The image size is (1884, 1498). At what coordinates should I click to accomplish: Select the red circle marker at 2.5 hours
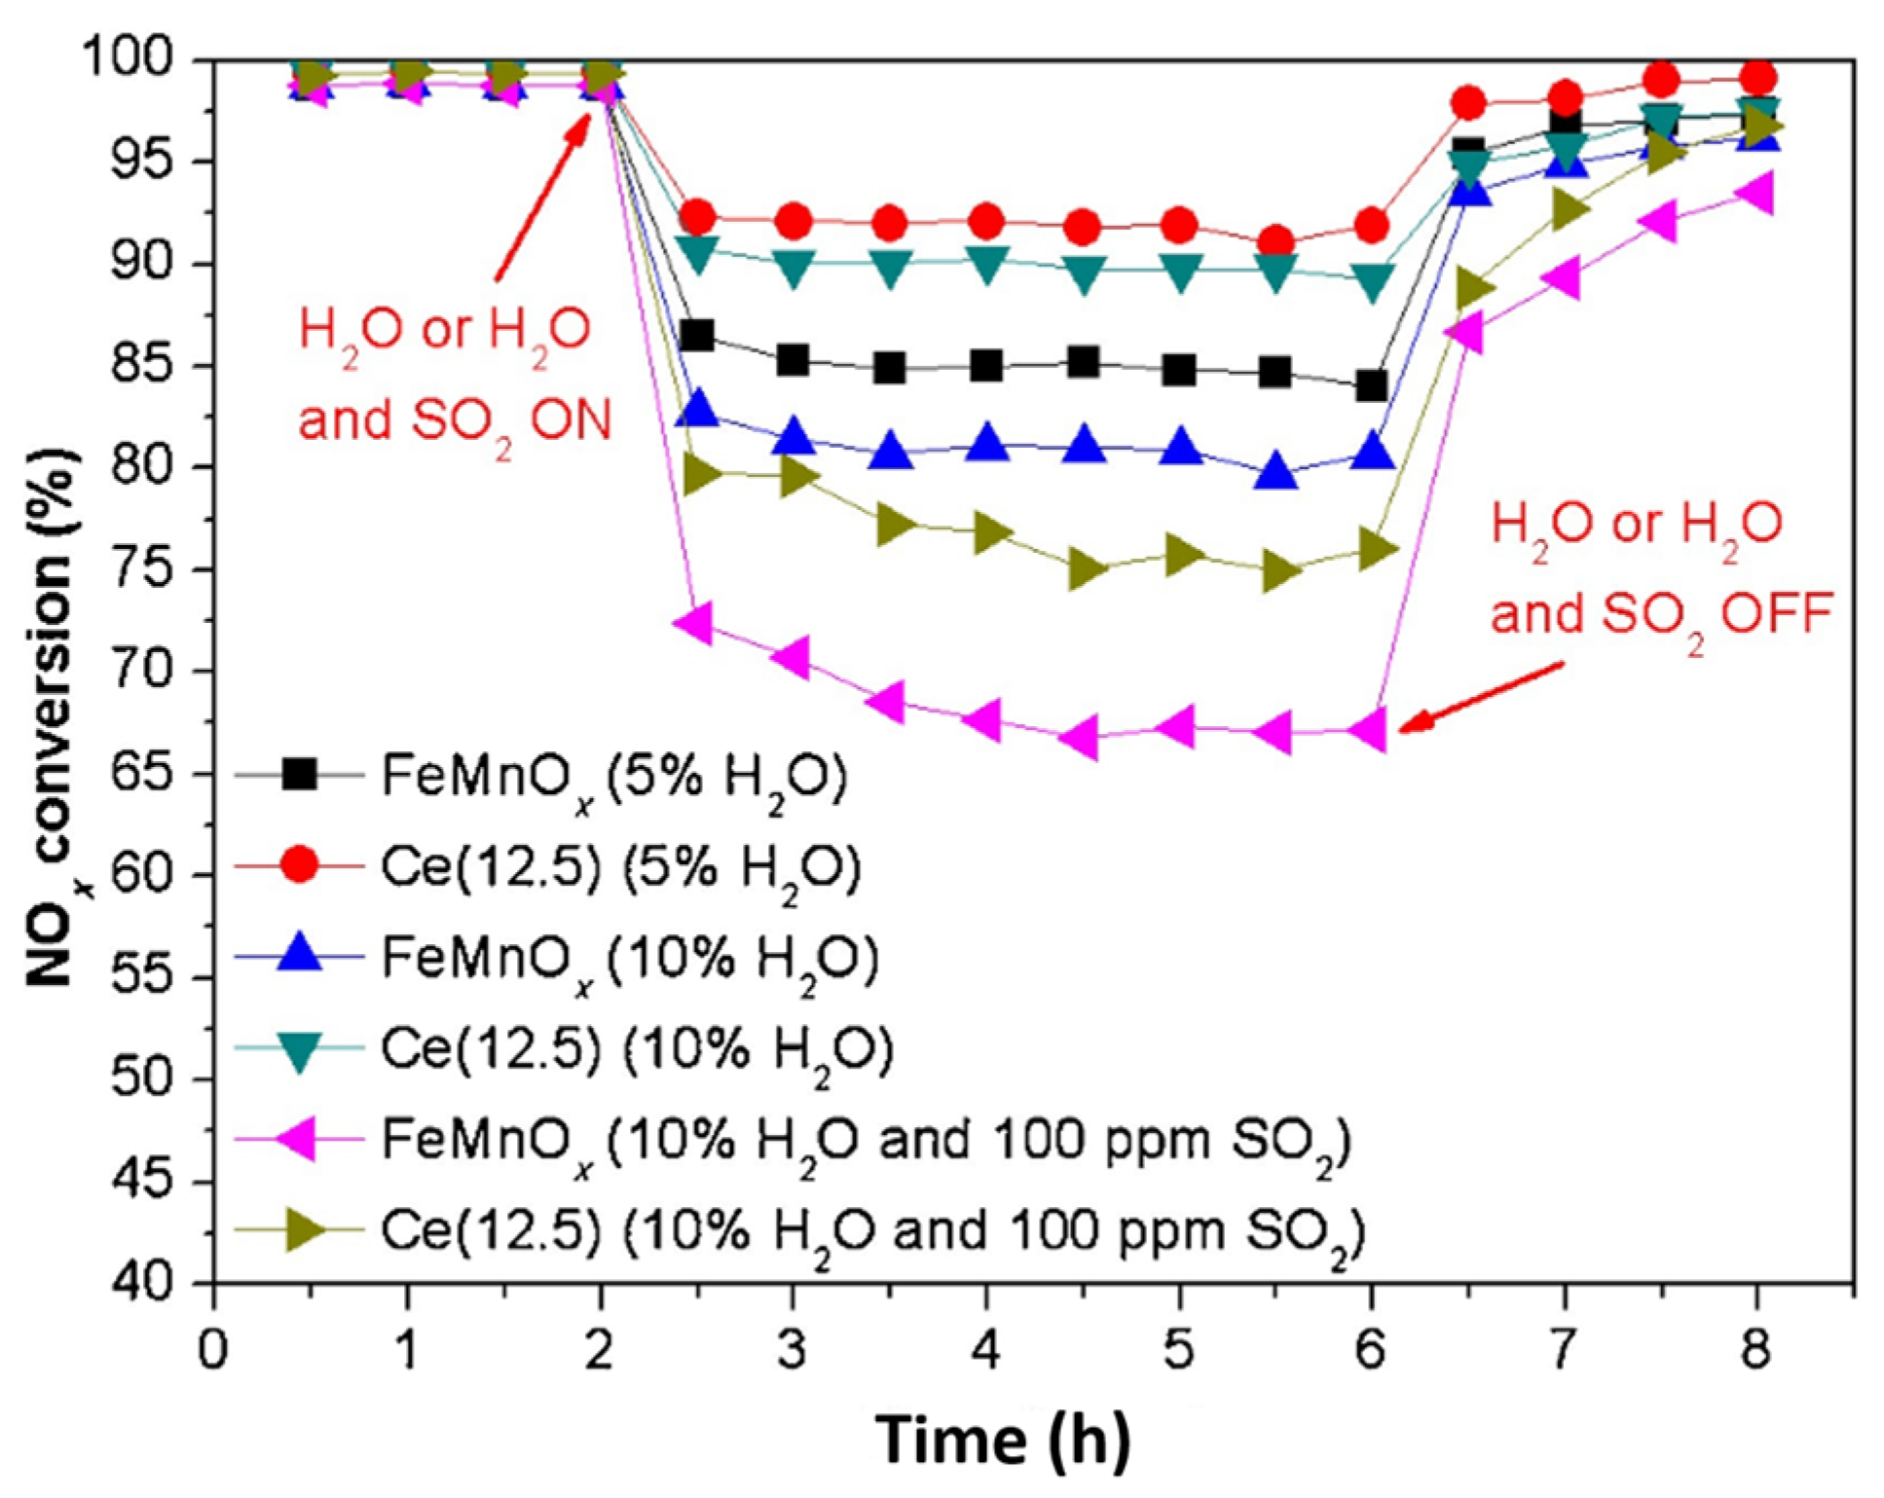(698, 216)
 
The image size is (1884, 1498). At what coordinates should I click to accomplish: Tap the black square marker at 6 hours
(1371, 386)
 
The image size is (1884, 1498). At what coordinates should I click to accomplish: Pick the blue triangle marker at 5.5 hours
(1276, 473)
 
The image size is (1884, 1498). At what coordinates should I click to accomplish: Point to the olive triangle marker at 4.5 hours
(1085, 569)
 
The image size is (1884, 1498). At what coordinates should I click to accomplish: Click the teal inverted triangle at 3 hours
(794, 269)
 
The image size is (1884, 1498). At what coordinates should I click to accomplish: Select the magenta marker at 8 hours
(1755, 192)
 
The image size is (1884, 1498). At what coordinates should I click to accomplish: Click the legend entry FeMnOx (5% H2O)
(613, 776)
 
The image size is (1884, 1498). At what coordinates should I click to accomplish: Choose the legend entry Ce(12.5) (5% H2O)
(620, 867)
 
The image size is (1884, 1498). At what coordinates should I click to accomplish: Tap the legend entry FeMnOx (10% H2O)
(629, 959)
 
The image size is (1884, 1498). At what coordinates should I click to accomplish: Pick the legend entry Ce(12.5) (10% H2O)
(636, 1050)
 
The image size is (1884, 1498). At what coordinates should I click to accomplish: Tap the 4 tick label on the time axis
(986, 1351)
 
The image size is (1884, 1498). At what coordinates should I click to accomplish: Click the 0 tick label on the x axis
(213, 1351)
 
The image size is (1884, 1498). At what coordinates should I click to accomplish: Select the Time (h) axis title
(1003, 1440)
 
